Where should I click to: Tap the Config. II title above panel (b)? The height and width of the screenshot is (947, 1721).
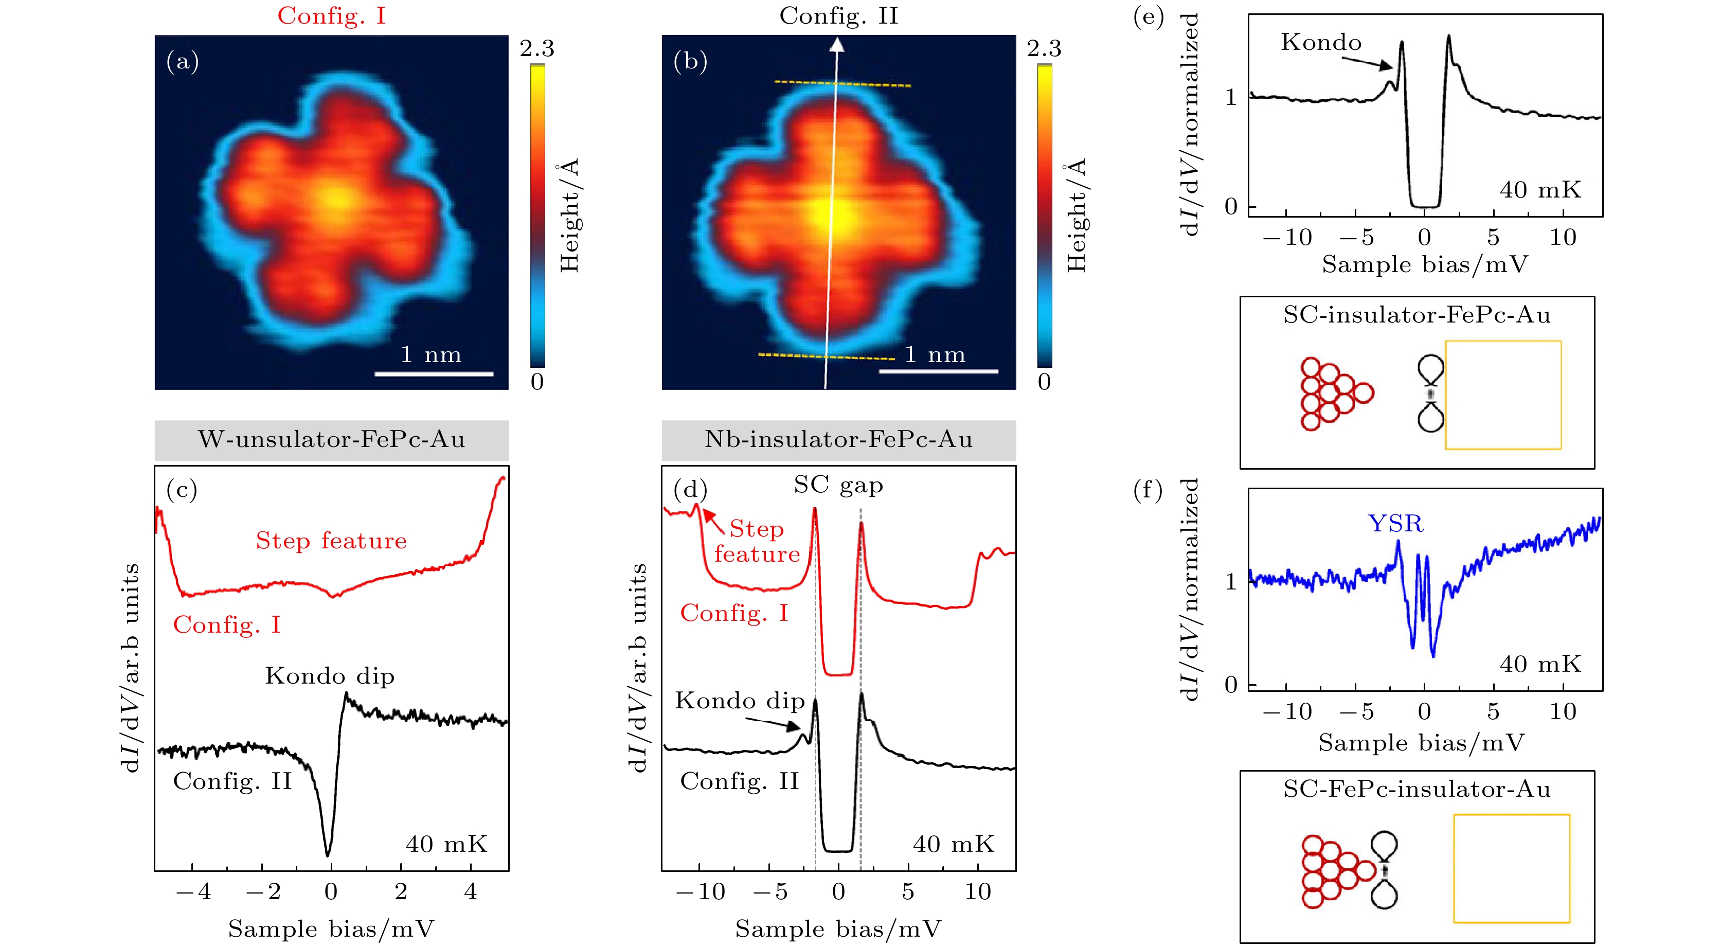[838, 15]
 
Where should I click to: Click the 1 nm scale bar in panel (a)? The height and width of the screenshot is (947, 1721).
[434, 373]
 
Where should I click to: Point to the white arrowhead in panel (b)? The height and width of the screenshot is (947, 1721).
[836, 45]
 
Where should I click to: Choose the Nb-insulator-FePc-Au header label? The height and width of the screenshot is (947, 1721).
[838, 440]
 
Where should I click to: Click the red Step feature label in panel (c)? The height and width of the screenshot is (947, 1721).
[331, 541]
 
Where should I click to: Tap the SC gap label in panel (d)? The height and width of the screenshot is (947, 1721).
[838, 485]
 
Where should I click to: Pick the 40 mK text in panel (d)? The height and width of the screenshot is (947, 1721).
[954, 844]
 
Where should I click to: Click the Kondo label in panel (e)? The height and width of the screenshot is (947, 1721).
[1321, 43]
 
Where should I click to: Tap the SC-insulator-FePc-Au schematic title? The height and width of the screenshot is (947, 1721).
[1417, 315]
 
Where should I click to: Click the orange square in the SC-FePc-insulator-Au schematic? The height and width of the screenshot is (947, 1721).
[1511, 868]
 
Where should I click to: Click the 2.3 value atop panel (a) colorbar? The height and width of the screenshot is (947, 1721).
[536, 48]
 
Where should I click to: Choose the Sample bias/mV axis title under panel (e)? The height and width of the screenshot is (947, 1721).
[1424, 264]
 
